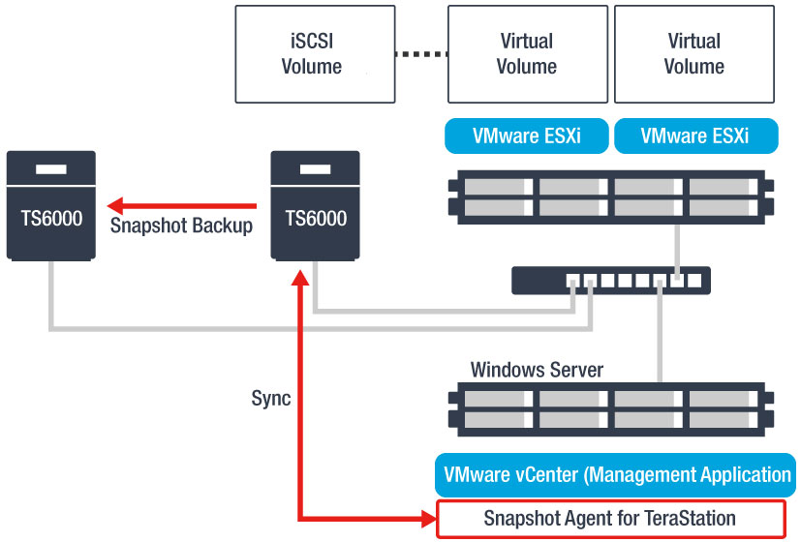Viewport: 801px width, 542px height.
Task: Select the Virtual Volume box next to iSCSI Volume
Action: (x=527, y=54)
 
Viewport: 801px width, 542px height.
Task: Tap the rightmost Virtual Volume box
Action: (x=694, y=54)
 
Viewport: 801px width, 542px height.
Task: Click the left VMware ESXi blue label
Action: (x=527, y=136)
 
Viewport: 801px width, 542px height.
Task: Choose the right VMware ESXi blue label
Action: (x=695, y=136)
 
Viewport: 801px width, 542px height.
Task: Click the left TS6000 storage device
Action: (x=51, y=205)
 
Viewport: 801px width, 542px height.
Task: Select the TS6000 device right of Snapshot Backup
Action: (x=316, y=205)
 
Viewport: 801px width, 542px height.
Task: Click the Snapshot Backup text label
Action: (x=181, y=226)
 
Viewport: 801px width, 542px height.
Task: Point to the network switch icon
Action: (x=611, y=281)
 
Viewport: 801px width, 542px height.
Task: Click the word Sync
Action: (x=271, y=399)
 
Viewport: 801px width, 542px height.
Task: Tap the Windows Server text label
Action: (x=537, y=370)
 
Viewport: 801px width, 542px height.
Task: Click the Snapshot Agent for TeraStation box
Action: (x=609, y=519)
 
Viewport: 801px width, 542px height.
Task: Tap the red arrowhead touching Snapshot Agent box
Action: (x=426, y=519)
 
